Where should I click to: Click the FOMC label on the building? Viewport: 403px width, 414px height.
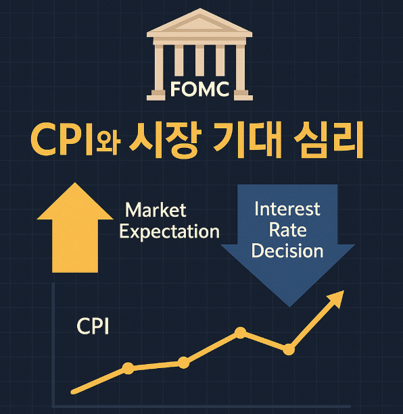pyautogui.click(x=199, y=88)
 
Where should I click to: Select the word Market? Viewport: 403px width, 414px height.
pyautogui.click(x=156, y=210)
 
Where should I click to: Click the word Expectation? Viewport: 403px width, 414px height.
pyautogui.click(x=169, y=232)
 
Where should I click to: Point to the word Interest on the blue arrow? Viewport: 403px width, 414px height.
pyautogui.click(x=287, y=209)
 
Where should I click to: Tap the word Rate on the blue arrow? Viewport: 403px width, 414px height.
pyautogui.click(x=287, y=230)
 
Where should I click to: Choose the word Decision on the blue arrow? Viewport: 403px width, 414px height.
pyautogui.click(x=287, y=251)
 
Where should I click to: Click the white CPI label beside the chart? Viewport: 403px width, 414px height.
pyautogui.click(x=93, y=327)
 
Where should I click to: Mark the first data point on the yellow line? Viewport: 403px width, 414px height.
pyautogui.click(x=128, y=368)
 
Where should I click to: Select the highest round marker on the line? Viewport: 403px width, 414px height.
pyautogui.click(x=240, y=332)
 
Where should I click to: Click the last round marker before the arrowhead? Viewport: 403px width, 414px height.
pyautogui.click(x=289, y=349)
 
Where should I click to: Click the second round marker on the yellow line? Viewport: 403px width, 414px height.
pyautogui.click(x=184, y=363)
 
